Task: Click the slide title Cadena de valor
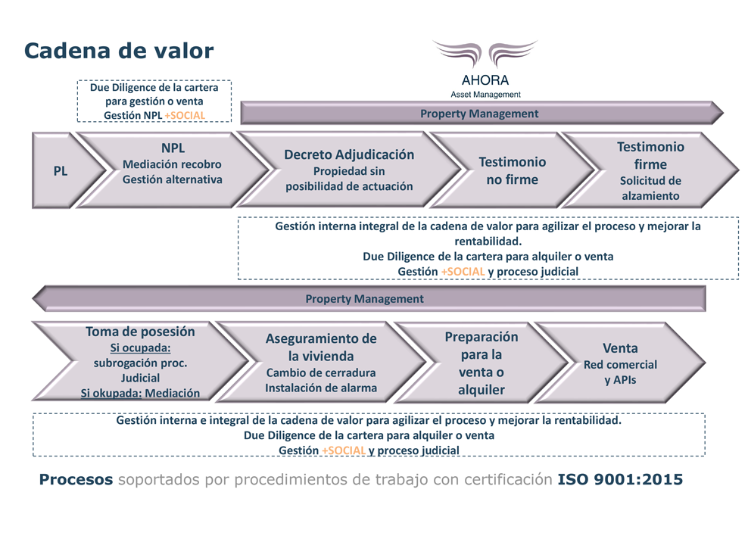point(119,51)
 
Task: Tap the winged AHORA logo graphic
point(485,55)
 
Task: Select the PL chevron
point(67,170)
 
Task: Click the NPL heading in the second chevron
point(173,148)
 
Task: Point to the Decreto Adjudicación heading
point(349,154)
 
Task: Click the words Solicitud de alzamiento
point(650,188)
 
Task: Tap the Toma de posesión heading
point(140,332)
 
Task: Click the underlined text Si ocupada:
point(140,347)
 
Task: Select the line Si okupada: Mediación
point(140,393)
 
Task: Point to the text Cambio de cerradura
point(321,372)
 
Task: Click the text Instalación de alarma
point(321,388)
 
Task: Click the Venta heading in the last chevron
point(620,348)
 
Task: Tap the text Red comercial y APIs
point(620,372)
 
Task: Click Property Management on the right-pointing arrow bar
point(479,114)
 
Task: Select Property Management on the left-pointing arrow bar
point(364,298)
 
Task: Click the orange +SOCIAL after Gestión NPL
point(185,115)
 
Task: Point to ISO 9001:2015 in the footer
point(620,479)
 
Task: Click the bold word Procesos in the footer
point(76,479)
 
